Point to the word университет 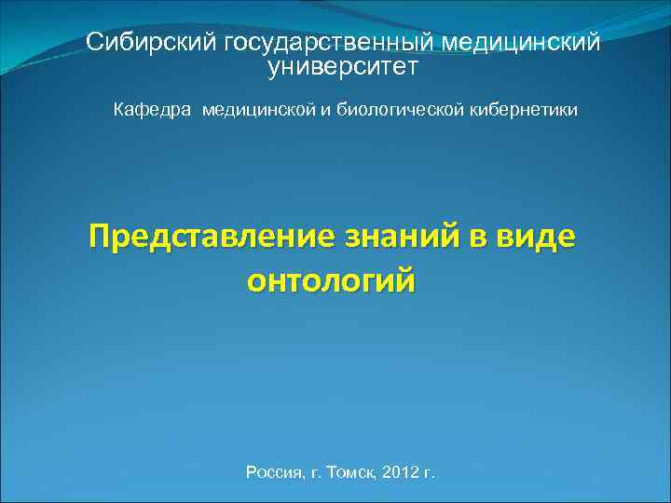(x=343, y=67)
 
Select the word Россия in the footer (x=273, y=473)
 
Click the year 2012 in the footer (x=401, y=473)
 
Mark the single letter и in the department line (x=327, y=111)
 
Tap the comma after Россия (x=304, y=477)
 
